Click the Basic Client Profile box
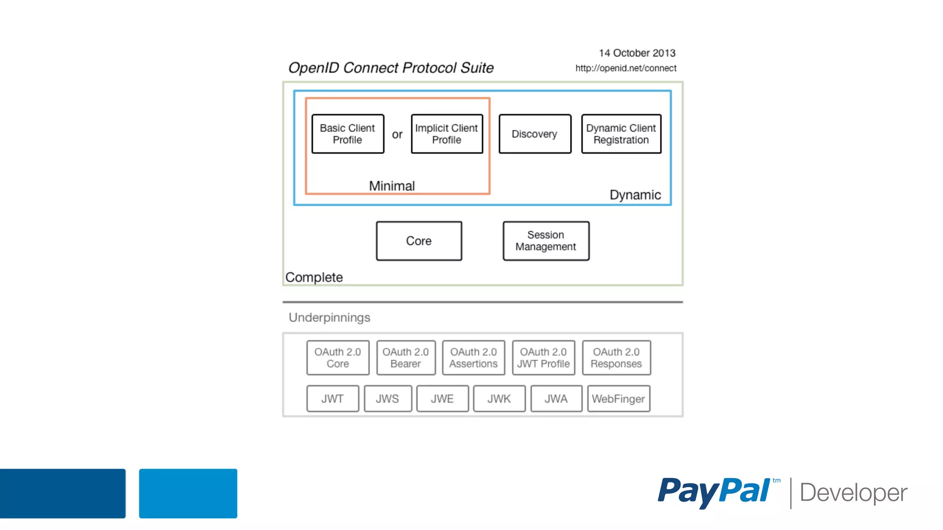point(348,134)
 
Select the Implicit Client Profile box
point(447,134)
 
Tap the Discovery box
point(535,134)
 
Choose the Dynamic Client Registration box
point(621,134)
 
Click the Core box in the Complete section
point(419,241)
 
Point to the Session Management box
point(546,241)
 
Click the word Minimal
point(392,186)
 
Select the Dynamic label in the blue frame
point(635,195)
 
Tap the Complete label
point(314,277)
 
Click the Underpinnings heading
point(329,317)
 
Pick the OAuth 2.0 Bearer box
point(406,358)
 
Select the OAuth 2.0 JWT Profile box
point(543,358)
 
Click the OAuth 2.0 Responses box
point(616,358)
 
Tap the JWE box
point(442,399)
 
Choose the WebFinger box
point(618,399)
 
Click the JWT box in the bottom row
point(332,399)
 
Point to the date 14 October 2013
point(637,53)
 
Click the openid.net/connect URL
point(626,69)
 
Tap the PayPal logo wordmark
point(714,491)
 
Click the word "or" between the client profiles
point(397,135)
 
